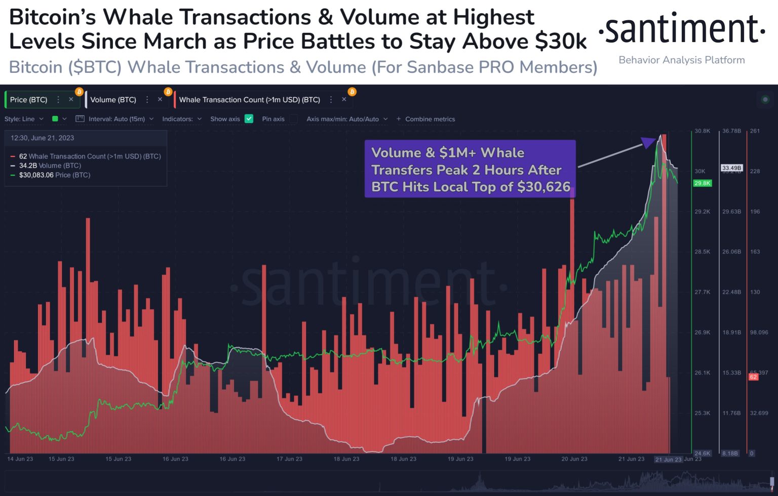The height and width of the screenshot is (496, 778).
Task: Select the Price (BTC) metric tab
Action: click(x=28, y=100)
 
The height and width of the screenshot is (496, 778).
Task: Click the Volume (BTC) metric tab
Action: click(x=113, y=100)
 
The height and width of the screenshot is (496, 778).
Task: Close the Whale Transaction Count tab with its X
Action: click(x=344, y=99)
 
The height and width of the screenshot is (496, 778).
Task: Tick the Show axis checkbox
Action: click(x=249, y=119)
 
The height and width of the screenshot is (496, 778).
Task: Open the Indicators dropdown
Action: click(x=181, y=119)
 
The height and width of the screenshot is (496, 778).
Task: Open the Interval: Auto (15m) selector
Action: click(x=116, y=119)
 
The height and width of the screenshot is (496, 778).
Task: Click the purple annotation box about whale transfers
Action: click(x=470, y=169)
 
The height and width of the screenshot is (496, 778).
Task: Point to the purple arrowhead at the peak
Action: click(x=649, y=142)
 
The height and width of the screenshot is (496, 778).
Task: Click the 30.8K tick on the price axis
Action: click(x=702, y=131)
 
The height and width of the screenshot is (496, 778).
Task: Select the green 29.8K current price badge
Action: click(x=702, y=183)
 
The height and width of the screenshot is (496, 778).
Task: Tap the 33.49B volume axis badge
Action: click(x=731, y=168)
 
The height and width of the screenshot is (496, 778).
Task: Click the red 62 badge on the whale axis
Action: click(x=753, y=377)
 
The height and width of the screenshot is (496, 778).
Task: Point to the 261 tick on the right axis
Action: click(x=755, y=131)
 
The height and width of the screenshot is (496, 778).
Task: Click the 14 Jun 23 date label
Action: click(x=20, y=459)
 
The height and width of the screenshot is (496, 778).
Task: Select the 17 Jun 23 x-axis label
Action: click(x=289, y=459)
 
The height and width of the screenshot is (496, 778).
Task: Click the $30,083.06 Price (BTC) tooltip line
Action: click(x=54, y=175)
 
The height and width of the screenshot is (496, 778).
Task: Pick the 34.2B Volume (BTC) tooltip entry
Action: click(x=50, y=166)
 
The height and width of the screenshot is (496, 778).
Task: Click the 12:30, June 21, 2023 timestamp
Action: click(x=43, y=138)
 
